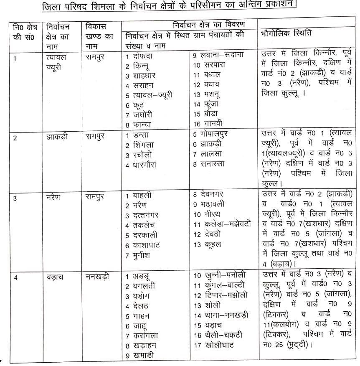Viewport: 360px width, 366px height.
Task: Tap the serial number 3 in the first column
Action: pyautogui.click(x=15, y=198)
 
